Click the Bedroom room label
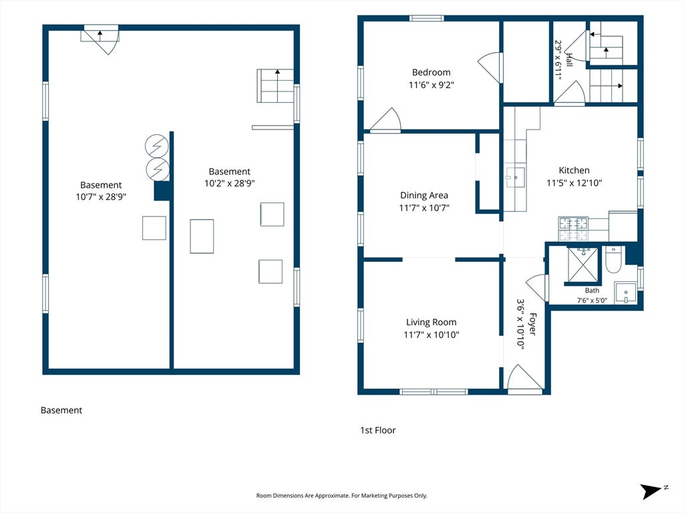tap(431, 72)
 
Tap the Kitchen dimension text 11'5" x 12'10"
tap(574, 183)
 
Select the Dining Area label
tap(424, 196)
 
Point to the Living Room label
tap(431, 323)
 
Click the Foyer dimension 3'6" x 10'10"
tap(520, 323)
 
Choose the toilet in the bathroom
tap(613, 260)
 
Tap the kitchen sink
tap(515, 177)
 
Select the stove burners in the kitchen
tap(573, 229)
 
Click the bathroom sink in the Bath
tap(625, 293)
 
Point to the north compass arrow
tap(652, 491)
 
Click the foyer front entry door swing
tap(525, 379)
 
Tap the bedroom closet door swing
tap(491, 67)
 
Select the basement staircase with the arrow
tap(275, 86)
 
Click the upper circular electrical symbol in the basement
tap(156, 146)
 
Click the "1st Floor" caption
tap(378, 430)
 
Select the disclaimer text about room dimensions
tap(341, 496)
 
